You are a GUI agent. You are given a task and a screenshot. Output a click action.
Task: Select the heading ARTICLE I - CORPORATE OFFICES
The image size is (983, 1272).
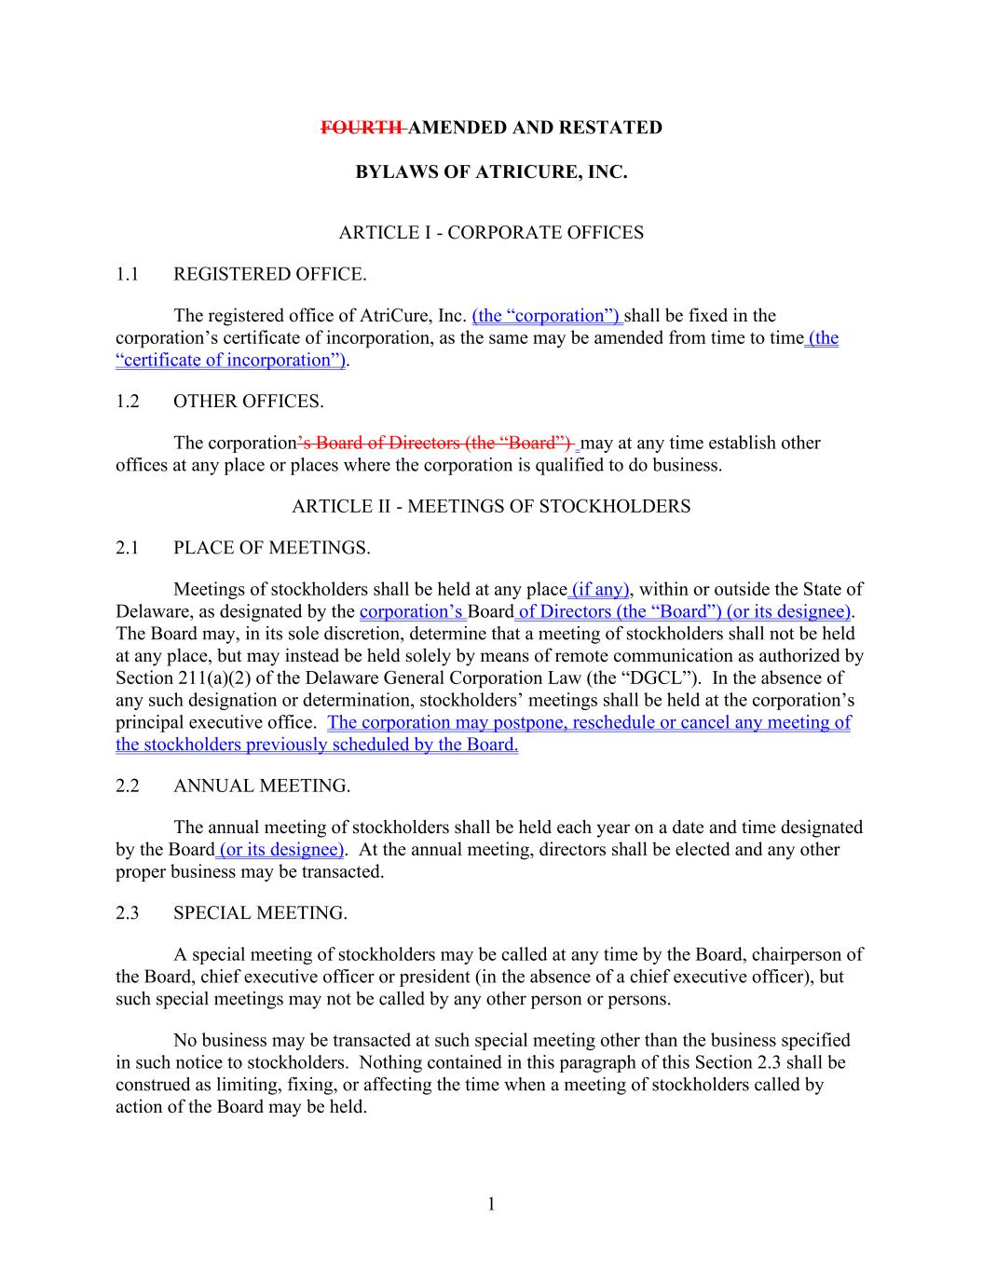click(x=491, y=233)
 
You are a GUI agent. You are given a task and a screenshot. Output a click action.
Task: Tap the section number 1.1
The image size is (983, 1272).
click(x=128, y=274)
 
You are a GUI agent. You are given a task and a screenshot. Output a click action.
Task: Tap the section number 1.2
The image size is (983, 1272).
click(x=128, y=402)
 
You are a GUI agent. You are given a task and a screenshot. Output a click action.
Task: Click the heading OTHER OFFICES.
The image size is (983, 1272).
click(x=249, y=402)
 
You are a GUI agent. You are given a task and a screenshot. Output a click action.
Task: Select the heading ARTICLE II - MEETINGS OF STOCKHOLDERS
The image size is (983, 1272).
click(x=491, y=507)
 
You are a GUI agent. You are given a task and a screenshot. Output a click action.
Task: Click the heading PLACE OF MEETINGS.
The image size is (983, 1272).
click(x=272, y=548)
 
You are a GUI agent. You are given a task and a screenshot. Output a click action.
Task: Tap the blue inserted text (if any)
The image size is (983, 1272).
click(x=601, y=589)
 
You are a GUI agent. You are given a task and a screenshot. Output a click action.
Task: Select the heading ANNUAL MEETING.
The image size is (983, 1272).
click(x=262, y=786)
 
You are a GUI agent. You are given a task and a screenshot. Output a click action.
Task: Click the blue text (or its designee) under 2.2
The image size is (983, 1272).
click(x=281, y=850)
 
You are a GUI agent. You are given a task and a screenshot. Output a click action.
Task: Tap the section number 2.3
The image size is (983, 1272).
click(x=128, y=913)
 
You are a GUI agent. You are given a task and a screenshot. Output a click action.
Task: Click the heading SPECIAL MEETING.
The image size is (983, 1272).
click(x=260, y=913)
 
